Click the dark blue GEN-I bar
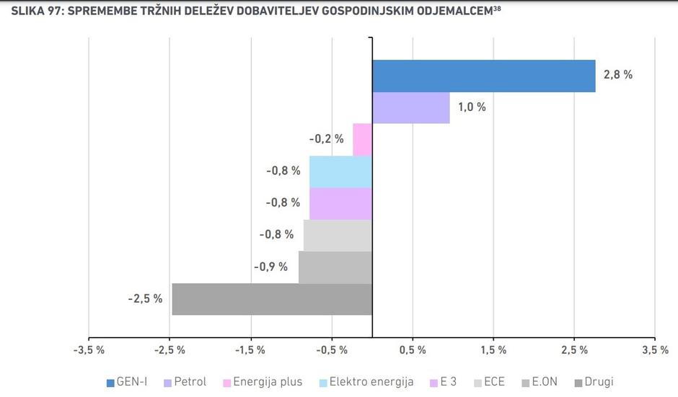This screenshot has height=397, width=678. [x=483, y=76]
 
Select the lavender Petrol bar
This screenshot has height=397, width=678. [x=410, y=107]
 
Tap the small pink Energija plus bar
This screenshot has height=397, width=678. [x=362, y=139]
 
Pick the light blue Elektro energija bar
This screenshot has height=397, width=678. [x=340, y=171]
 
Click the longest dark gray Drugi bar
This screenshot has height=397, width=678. [x=272, y=299]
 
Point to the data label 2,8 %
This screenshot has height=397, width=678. [x=617, y=75]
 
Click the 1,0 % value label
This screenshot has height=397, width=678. [x=472, y=107]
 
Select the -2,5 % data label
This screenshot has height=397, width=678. [x=146, y=298]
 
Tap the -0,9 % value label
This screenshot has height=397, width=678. [x=271, y=267]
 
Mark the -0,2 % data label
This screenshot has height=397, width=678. [x=326, y=139]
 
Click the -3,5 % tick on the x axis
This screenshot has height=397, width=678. [x=88, y=350]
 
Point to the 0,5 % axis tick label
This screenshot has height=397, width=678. [x=412, y=350]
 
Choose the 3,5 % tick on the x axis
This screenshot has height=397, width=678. [x=654, y=350]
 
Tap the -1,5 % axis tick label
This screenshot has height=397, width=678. [x=250, y=350]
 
